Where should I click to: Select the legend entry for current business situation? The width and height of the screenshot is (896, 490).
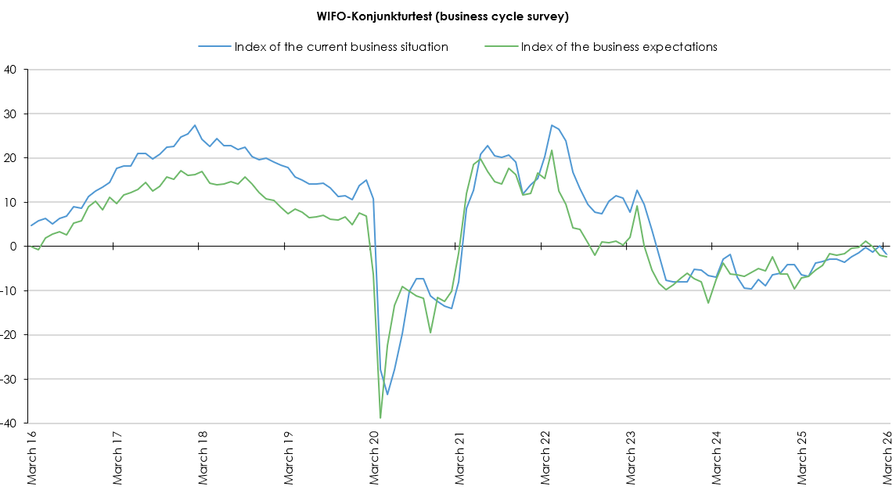click(340, 47)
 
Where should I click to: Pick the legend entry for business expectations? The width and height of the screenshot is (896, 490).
click(618, 47)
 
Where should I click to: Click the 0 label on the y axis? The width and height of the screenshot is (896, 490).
click(13, 247)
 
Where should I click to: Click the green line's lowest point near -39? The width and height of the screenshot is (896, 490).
click(380, 418)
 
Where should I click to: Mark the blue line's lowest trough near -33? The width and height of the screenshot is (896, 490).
click(387, 394)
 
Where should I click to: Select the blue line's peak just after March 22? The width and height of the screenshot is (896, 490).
click(552, 125)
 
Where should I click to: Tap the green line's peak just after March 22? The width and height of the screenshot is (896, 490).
click(552, 150)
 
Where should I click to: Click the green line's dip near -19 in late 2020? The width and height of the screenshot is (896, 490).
click(430, 333)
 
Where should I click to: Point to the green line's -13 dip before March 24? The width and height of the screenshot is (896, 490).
click(708, 303)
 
